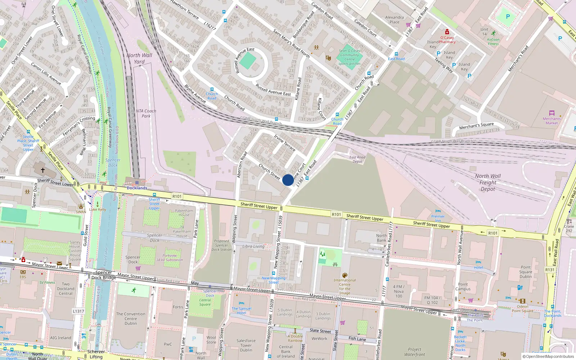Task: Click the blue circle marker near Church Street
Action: pyautogui.click(x=288, y=180)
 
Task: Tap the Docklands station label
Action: pyautogui.click(x=137, y=188)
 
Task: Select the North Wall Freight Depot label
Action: pyautogui.click(x=488, y=183)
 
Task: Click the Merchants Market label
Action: pyautogui.click(x=552, y=121)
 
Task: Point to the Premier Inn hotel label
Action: pyautogui.click(x=438, y=218)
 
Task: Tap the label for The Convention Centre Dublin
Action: pyautogui.click(x=131, y=319)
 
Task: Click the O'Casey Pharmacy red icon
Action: pyautogui.click(x=447, y=32)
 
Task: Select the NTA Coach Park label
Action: pyautogui.click(x=146, y=113)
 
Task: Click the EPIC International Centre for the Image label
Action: pyautogui.click(x=345, y=286)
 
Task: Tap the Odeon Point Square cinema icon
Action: pyautogui.click(x=522, y=301)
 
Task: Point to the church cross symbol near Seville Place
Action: pyautogui.click(x=42, y=170)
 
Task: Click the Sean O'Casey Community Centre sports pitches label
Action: pyautogui.click(x=349, y=57)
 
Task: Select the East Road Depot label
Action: pyautogui.click(x=357, y=159)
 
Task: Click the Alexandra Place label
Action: pyautogui.click(x=394, y=19)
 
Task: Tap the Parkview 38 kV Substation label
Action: pyautogui.click(x=170, y=258)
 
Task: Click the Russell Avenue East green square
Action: pyautogui.click(x=248, y=61)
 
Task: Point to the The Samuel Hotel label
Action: pyautogui.click(x=242, y=311)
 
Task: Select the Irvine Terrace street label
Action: pyautogui.click(x=284, y=143)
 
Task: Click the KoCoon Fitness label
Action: pyautogui.click(x=493, y=42)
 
